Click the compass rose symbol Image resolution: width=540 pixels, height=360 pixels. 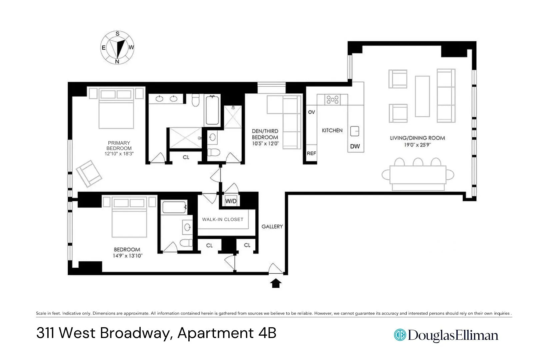point(117,48)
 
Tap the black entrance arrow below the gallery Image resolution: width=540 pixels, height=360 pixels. point(275,283)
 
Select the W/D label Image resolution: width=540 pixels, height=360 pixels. point(231,201)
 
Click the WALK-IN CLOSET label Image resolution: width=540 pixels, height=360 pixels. point(223,219)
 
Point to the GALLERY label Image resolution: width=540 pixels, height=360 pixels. point(272,226)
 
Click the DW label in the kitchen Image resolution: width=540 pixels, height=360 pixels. point(355,146)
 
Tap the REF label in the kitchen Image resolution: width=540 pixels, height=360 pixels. point(311,153)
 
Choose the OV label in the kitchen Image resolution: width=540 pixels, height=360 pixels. point(311,112)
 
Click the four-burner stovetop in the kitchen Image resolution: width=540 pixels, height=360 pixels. point(332,99)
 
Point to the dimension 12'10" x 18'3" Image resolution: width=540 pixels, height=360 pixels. point(119,154)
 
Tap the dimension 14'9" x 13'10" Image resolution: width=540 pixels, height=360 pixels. point(127,256)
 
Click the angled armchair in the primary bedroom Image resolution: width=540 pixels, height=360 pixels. point(89,173)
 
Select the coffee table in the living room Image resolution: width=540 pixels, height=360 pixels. point(422,96)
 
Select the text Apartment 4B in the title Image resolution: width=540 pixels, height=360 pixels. point(227,333)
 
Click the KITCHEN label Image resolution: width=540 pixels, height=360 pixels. point(332,130)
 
